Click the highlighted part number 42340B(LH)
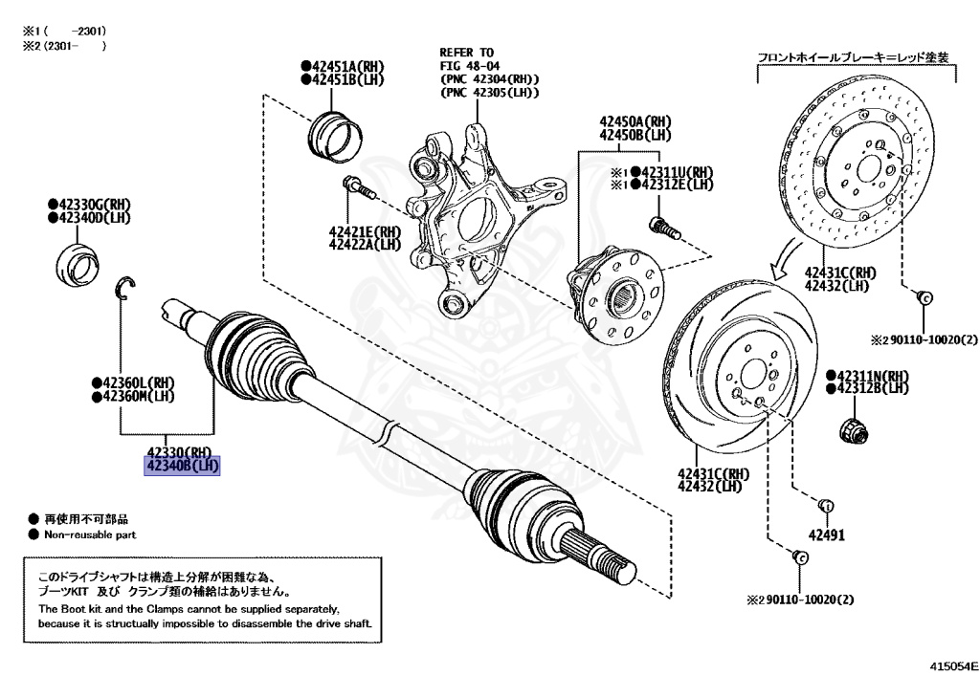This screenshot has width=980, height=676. [x=182, y=466]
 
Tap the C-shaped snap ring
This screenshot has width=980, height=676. [x=128, y=286]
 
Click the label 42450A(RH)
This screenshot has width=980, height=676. [x=635, y=122]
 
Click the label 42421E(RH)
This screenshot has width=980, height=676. [x=365, y=231]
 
